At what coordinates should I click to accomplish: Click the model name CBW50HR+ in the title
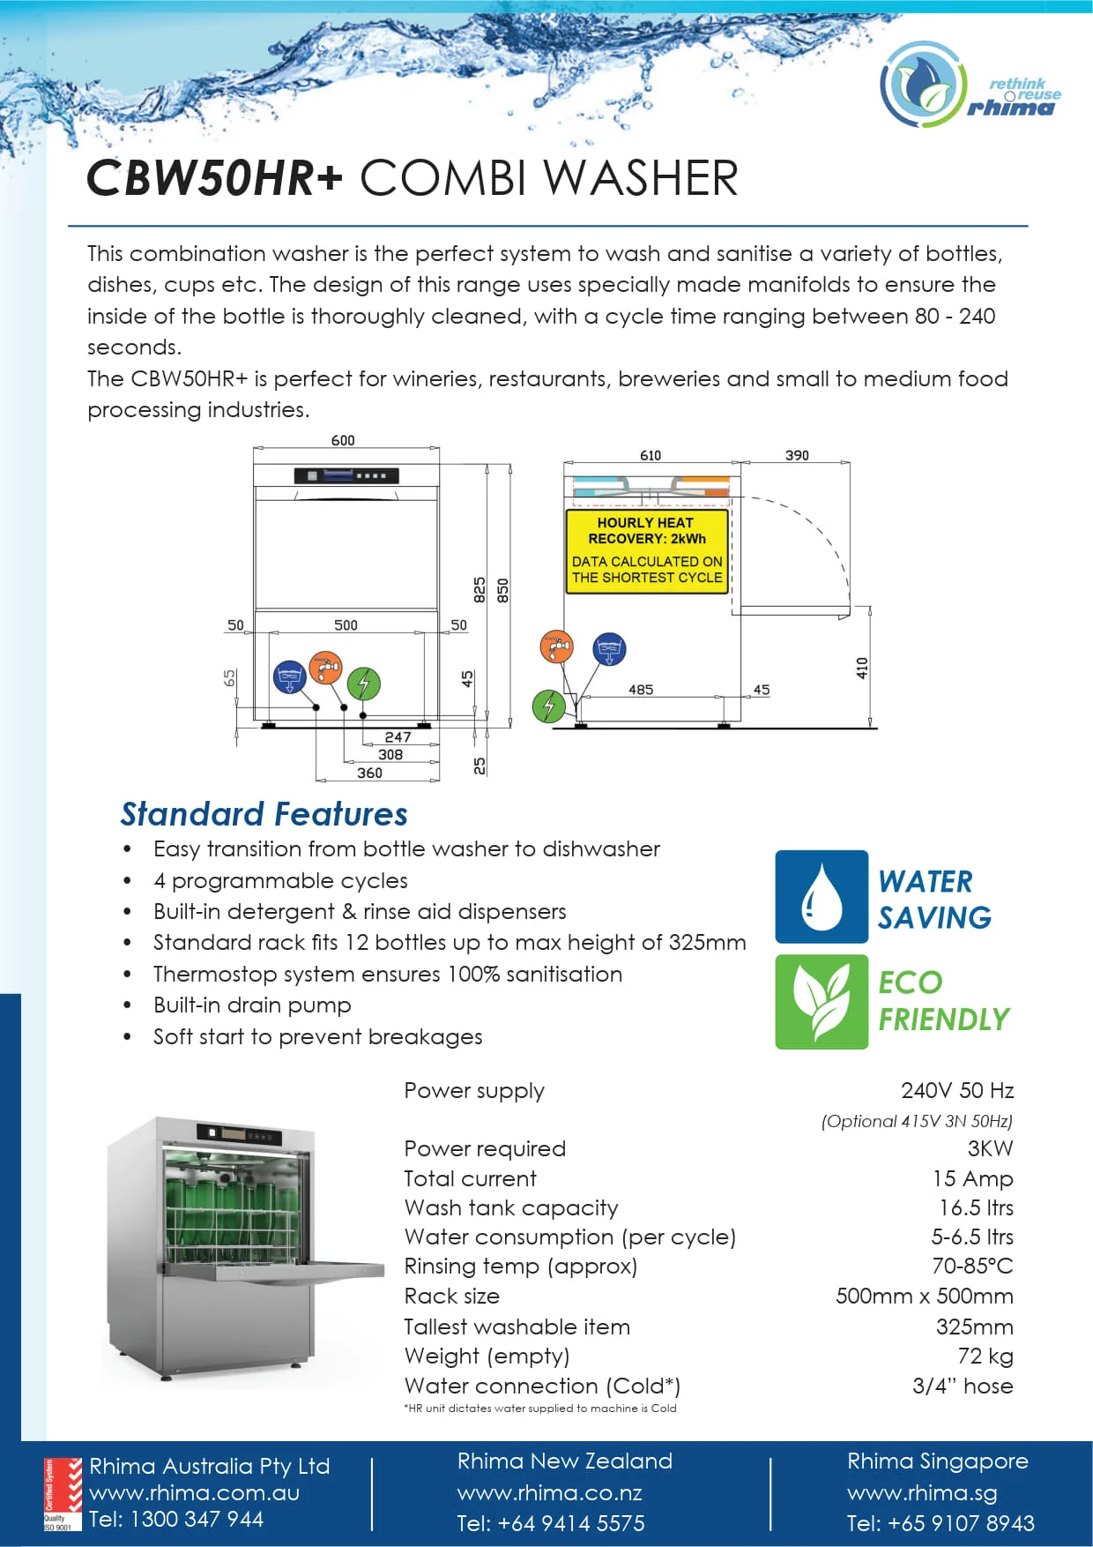214,178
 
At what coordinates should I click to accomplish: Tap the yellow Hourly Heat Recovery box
647,550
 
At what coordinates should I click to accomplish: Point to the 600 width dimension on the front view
343,440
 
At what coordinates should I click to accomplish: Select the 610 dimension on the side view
651,455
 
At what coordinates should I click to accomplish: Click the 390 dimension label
797,455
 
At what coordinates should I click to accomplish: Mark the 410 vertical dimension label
862,668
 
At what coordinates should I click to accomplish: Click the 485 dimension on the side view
641,690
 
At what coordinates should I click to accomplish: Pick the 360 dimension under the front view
369,773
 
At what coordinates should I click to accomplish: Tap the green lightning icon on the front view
363,683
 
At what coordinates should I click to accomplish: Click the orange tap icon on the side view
556,647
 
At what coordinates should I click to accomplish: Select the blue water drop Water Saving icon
822,896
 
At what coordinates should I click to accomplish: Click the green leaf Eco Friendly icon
822,1002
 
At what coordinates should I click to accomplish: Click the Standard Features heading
264,813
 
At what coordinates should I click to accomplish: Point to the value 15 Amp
972,1178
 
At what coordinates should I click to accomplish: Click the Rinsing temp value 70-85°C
972,1266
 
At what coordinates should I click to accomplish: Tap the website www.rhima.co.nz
549,1492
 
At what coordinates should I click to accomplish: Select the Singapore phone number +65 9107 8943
941,1523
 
